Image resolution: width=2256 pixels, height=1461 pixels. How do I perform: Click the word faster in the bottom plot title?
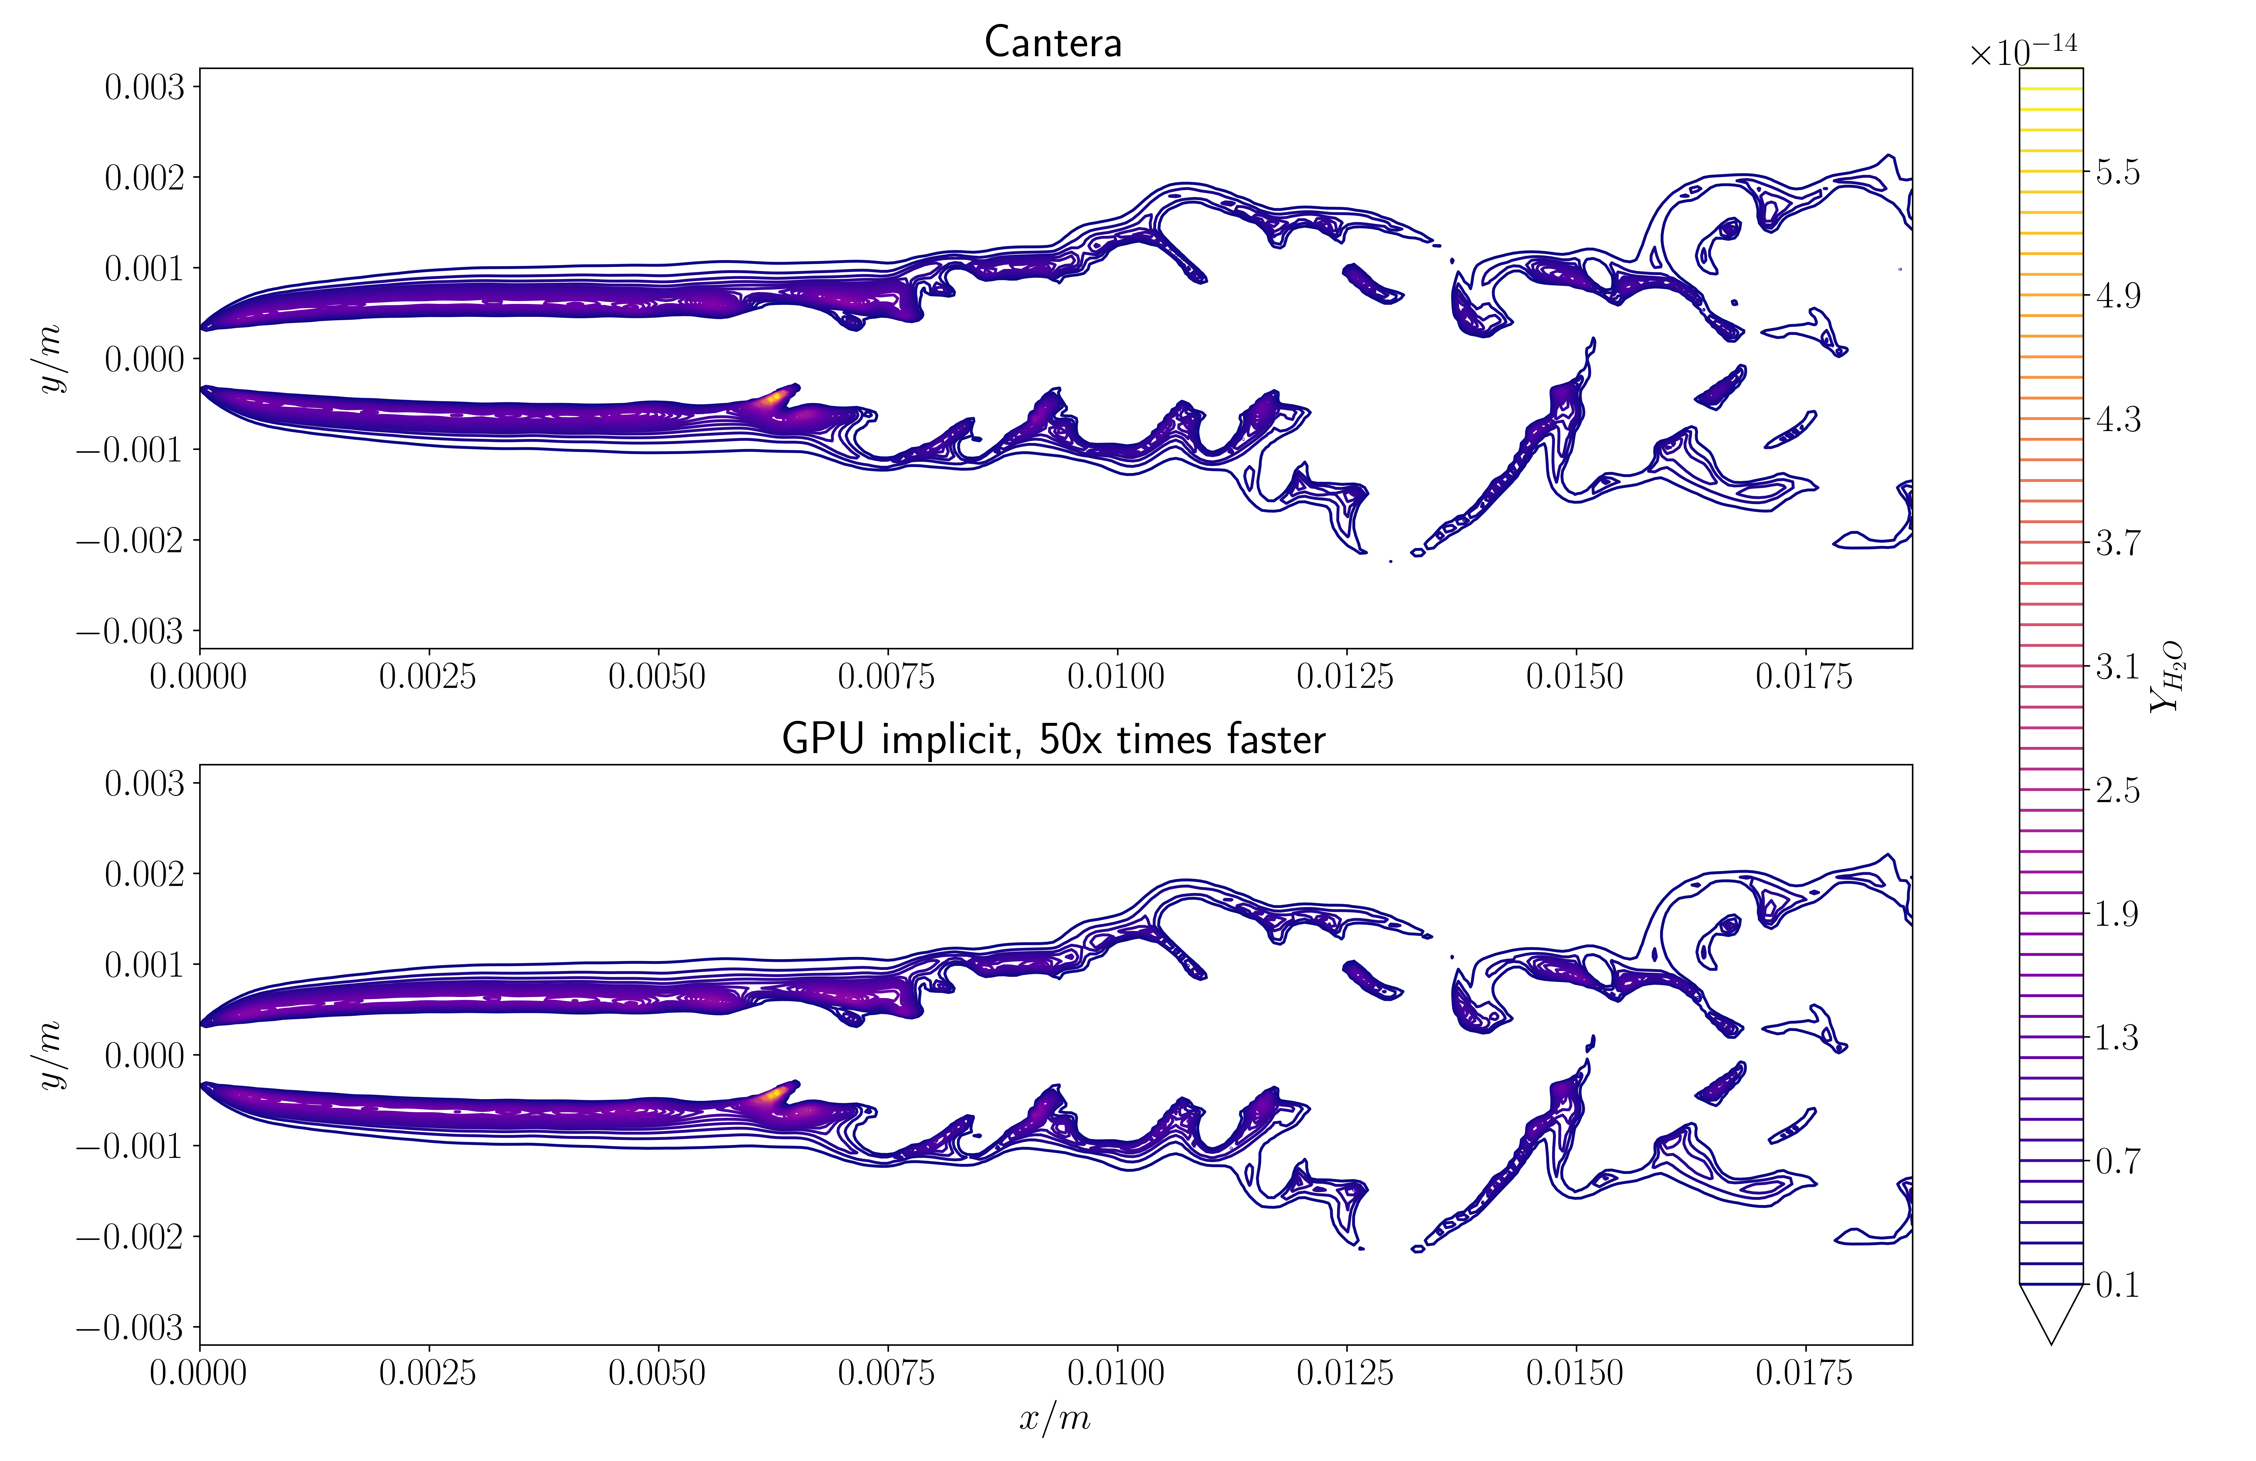1275,739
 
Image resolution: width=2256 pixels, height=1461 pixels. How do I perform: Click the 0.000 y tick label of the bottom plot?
144,1055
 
